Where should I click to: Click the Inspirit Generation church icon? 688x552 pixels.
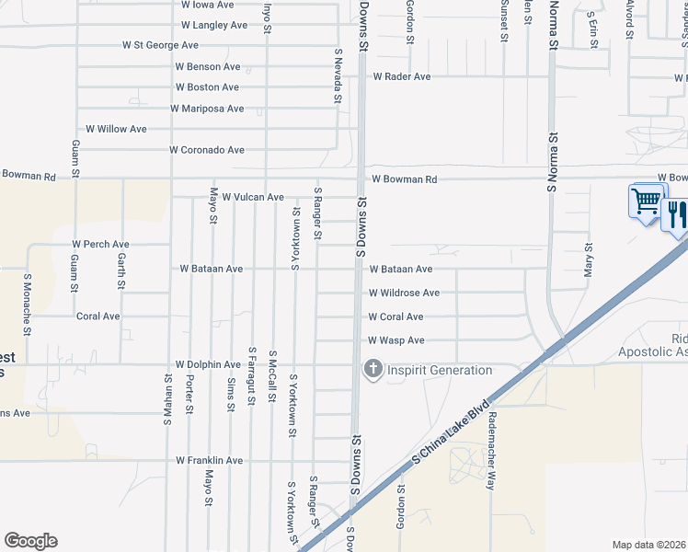(x=373, y=370)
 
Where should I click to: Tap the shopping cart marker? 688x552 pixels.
(x=647, y=200)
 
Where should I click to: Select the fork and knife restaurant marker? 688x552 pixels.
(x=676, y=215)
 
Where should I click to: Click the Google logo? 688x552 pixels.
(x=30, y=541)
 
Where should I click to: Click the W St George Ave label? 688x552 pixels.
(x=160, y=45)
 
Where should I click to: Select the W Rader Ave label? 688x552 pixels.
(x=402, y=76)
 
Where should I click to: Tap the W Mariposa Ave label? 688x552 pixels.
(x=207, y=109)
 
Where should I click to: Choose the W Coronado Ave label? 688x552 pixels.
(x=207, y=150)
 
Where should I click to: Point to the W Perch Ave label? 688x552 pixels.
(x=100, y=245)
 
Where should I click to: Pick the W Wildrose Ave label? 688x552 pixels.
(x=404, y=293)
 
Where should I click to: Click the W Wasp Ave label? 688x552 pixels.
(x=396, y=340)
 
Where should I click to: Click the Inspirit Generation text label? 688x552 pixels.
(x=440, y=370)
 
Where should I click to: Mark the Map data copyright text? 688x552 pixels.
(x=648, y=545)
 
